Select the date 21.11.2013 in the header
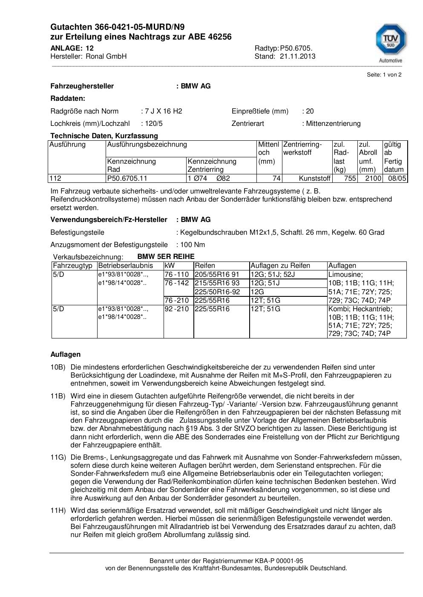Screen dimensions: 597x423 coord(297,56)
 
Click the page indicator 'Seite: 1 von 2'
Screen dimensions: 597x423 coord(384,74)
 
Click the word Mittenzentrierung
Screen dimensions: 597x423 coord(333,123)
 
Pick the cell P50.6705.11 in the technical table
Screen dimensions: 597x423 coord(127,178)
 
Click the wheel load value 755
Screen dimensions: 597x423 coord(350,178)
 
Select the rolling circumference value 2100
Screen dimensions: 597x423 coord(373,178)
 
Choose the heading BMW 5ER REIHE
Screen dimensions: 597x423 coord(166,256)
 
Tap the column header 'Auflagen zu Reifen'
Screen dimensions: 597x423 coord(280,265)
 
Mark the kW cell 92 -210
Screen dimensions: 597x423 coord(176,309)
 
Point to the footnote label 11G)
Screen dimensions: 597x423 coord(58,457)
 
